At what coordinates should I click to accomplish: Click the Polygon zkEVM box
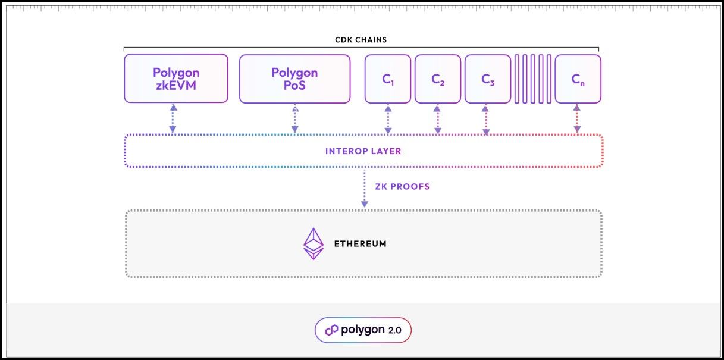coord(176,79)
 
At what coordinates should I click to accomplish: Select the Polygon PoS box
coord(294,79)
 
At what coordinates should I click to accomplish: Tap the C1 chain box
coord(388,79)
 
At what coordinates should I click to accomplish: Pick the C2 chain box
coord(438,79)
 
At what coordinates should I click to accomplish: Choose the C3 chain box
coord(488,79)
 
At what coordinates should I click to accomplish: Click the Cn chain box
coord(578,79)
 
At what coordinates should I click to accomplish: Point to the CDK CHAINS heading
coord(361,40)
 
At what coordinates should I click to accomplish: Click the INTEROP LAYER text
coord(363,151)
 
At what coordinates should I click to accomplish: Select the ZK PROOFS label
coord(402,186)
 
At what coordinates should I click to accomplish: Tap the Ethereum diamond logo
coord(314,244)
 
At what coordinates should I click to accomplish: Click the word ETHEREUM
coord(360,244)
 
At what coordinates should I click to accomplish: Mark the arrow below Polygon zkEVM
coord(174,118)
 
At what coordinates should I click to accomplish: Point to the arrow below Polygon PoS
coord(294,118)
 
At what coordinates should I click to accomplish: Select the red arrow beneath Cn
coord(576,118)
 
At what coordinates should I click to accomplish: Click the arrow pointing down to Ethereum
coord(365,188)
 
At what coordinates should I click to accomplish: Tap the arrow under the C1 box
coord(388,118)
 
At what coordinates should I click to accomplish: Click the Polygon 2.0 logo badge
coord(363,330)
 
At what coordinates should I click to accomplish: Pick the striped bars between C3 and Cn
coord(533,79)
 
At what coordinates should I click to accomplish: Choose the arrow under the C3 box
coord(486,118)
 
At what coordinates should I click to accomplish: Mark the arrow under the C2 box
coord(438,118)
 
